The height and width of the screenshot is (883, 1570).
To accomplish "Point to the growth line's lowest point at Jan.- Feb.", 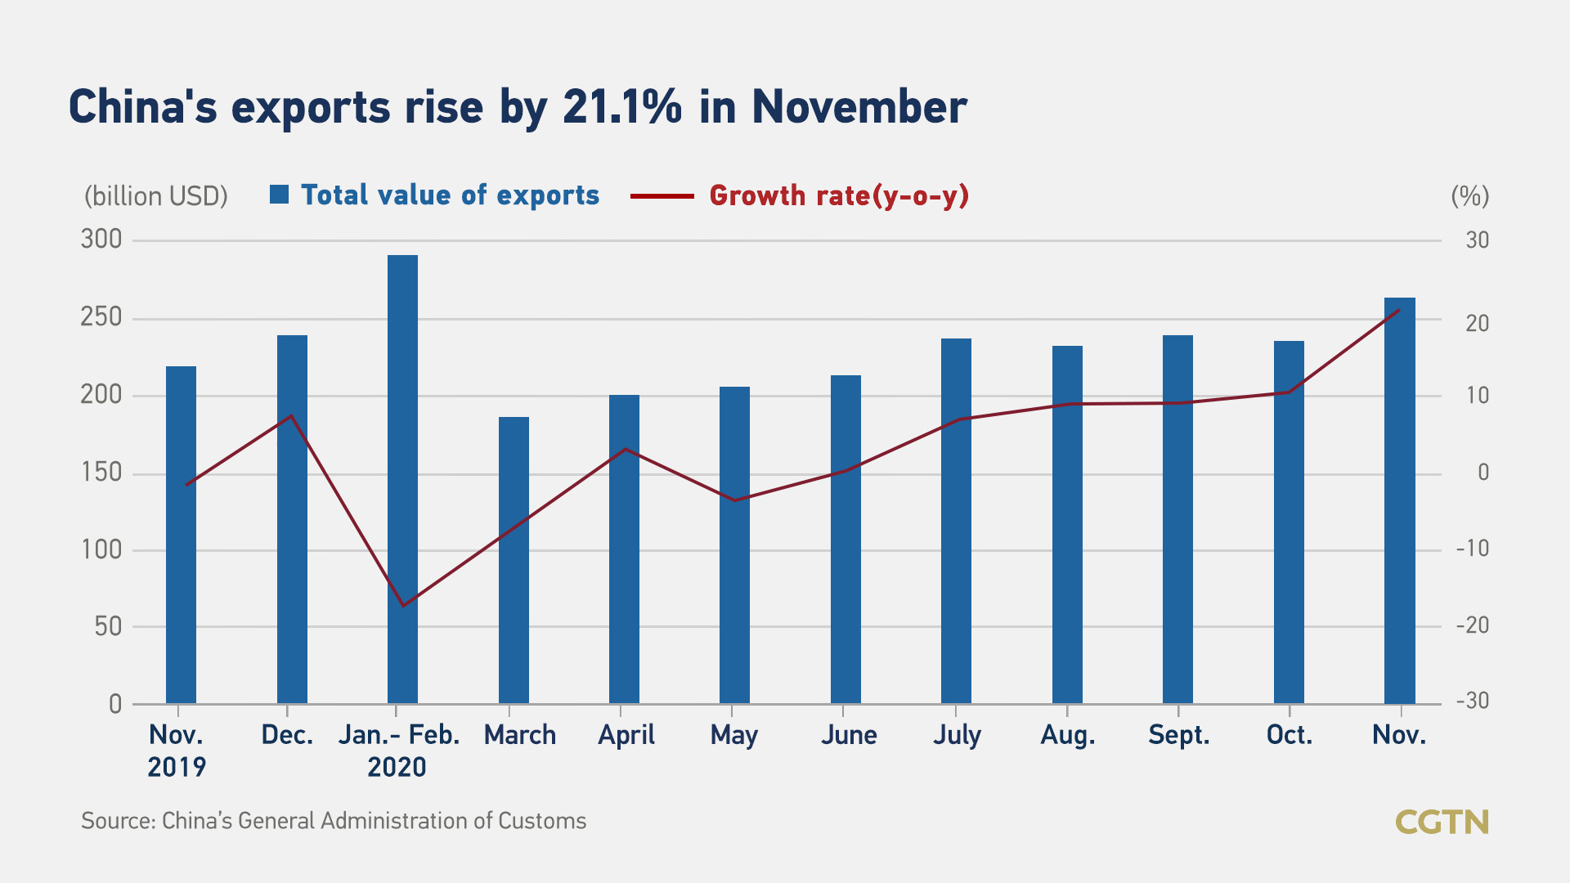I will [403, 606].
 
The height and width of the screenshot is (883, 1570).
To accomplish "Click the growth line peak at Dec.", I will [291, 415].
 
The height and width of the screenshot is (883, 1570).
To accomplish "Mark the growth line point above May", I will [734, 500].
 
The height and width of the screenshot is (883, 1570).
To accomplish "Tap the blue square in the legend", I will [279, 195].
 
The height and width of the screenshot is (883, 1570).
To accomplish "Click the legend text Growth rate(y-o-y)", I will [839, 196].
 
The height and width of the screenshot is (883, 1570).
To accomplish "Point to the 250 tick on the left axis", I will [101, 317].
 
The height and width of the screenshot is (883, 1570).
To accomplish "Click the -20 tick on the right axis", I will [1472, 625].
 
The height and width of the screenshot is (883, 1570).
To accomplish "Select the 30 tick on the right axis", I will [1477, 240].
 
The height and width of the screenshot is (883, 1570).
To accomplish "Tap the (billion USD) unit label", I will [156, 196].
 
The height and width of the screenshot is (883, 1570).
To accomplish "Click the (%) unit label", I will [1469, 196].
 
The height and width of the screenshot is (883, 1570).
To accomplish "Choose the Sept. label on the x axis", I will [1178, 735].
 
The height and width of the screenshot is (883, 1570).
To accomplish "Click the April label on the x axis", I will [626, 735].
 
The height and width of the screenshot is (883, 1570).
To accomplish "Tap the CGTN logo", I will [1442, 822].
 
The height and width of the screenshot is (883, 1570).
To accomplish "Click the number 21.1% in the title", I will [621, 107].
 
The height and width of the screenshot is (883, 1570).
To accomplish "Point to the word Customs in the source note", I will [542, 821].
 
